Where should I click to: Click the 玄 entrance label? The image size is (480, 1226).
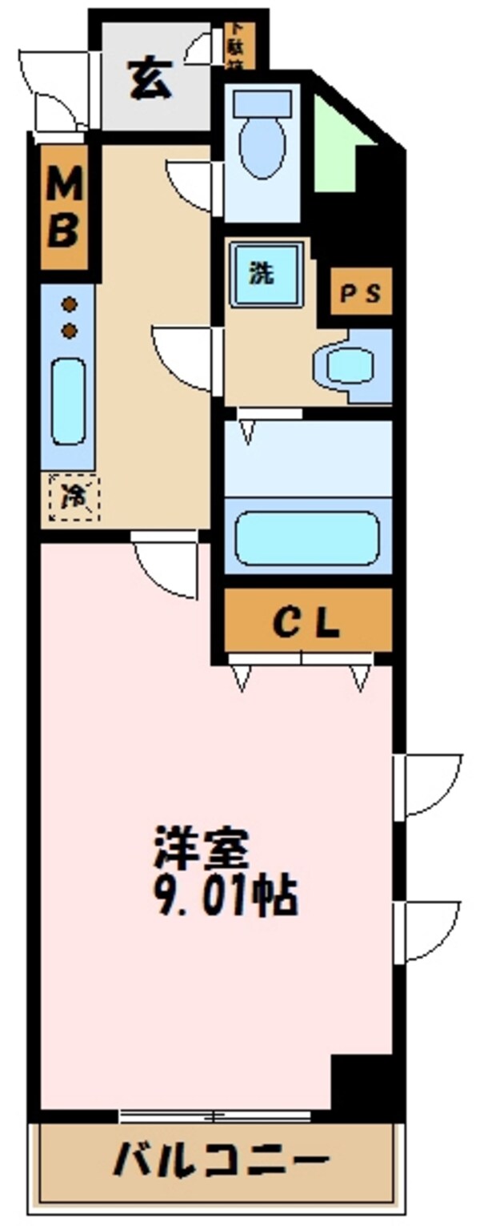pos(150,82)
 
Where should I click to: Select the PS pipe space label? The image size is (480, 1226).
pos(362,293)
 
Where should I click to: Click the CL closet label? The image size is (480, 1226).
pos(308,621)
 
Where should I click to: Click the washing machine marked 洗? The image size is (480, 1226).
pos(267,275)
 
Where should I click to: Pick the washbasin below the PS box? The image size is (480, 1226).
pos(349,367)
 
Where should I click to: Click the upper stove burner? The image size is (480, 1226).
pos(70,304)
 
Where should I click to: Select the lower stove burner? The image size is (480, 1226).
pos(70,330)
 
